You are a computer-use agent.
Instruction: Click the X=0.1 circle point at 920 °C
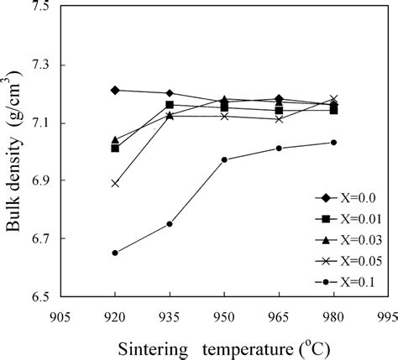click(115, 253)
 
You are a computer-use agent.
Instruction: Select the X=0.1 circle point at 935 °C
click(170, 224)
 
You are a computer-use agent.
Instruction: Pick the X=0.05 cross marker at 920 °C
click(115, 183)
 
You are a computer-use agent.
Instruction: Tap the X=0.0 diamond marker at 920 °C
click(115, 90)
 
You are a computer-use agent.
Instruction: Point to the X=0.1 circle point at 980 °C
click(333, 142)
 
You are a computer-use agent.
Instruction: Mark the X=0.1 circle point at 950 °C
click(224, 159)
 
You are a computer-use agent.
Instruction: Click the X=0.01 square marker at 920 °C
click(115, 148)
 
